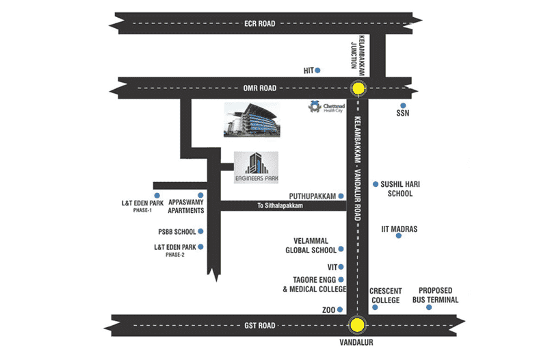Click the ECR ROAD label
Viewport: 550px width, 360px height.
pyautogui.click(x=259, y=24)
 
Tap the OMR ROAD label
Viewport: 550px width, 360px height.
pyautogui.click(x=259, y=88)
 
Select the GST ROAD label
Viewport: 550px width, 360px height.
pyautogui.click(x=259, y=326)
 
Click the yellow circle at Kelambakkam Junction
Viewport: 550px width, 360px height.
pyautogui.click(x=358, y=88)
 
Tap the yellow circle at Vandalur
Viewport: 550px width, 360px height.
pyautogui.click(x=356, y=326)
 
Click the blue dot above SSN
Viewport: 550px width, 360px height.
pyautogui.click(x=402, y=106)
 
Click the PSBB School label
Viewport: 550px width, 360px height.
pyautogui.click(x=177, y=232)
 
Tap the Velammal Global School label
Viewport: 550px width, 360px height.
pyautogui.click(x=311, y=246)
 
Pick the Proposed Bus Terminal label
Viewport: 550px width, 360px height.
pyautogui.click(x=435, y=295)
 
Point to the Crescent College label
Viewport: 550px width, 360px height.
pyautogui.click(x=386, y=295)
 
